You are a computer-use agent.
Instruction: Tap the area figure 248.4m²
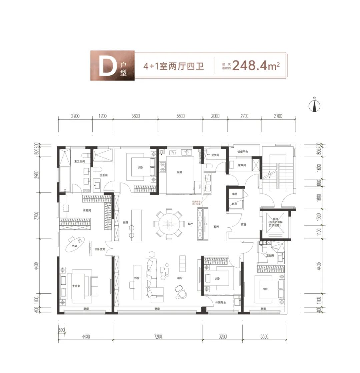tap(255, 66)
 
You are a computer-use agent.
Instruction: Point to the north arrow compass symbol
tap(314, 105)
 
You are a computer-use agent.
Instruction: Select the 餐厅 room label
tap(190, 224)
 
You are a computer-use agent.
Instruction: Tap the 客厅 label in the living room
tap(179, 278)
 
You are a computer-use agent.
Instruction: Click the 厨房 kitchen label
tap(180, 172)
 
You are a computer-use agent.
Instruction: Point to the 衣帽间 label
tap(87, 210)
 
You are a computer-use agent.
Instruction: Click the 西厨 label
tap(125, 222)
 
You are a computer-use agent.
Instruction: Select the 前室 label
tap(243, 224)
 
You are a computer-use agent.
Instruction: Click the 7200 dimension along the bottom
tap(158, 337)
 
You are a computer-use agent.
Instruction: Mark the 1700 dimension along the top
tap(103, 116)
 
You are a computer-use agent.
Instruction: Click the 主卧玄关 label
tap(100, 249)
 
